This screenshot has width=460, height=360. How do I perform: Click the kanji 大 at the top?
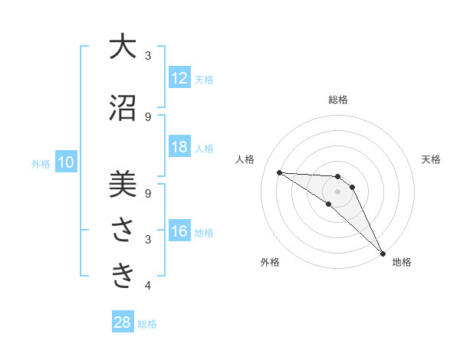click(122, 47)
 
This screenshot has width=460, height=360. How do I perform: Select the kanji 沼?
click(122, 108)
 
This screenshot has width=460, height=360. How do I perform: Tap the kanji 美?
click(122, 185)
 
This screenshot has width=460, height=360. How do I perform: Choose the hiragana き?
click(122, 277)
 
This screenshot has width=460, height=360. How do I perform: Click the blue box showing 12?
click(179, 78)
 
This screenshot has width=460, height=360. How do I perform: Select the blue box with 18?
click(179, 147)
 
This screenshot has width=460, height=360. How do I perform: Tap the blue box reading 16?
click(179, 231)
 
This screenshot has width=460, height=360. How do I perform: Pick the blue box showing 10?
click(66, 162)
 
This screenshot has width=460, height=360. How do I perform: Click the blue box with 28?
click(123, 322)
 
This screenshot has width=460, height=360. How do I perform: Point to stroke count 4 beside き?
click(147, 286)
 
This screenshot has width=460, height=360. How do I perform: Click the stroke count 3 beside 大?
click(147, 56)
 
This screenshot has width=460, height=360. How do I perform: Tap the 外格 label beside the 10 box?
click(41, 163)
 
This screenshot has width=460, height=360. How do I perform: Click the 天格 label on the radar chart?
click(431, 159)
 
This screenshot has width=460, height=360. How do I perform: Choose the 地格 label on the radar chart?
click(402, 262)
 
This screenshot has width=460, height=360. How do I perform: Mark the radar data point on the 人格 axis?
click(279, 172)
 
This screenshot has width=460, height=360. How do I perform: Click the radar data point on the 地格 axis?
click(383, 253)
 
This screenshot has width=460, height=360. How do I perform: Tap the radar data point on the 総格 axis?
click(337, 177)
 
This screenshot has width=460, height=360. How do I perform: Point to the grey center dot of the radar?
click(337, 191)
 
